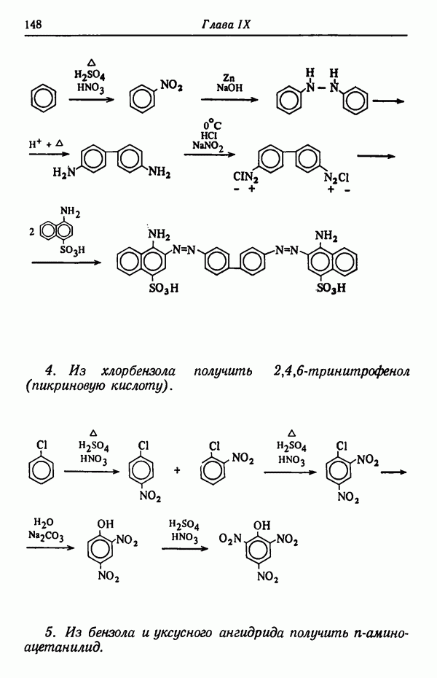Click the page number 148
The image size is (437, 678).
tap(34, 24)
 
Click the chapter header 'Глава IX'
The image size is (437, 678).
tap(226, 24)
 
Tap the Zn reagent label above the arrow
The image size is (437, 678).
tap(229, 78)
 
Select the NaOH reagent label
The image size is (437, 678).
tap(229, 87)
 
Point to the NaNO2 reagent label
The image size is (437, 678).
tap(208, 146)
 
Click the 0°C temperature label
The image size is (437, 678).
tap(210, 125)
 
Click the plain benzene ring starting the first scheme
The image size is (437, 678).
tap(44, 98)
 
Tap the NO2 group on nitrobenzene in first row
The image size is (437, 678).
tap(171, 85)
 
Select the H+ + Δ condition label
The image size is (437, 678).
tap(46, 144)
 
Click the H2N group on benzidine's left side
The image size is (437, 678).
tap(63, 173)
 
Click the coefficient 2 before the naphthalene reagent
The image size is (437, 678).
tap(31, 233)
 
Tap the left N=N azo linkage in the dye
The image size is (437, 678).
tap(184, 249)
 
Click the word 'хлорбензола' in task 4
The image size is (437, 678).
tap(138, 371)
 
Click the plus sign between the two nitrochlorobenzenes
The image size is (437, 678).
tap(176, 470)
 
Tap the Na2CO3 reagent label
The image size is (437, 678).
tap(46, 537)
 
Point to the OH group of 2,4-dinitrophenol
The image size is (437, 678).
tap(106, 523)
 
